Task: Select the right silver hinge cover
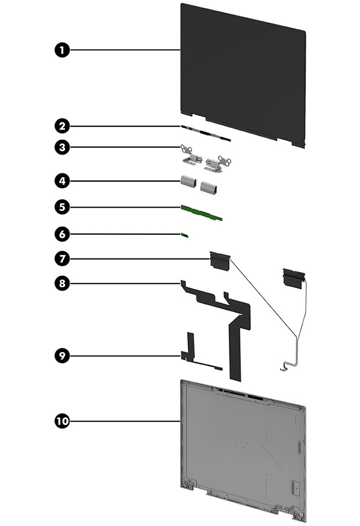[x=210, y=188]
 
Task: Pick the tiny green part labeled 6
[x=186, y=235]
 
